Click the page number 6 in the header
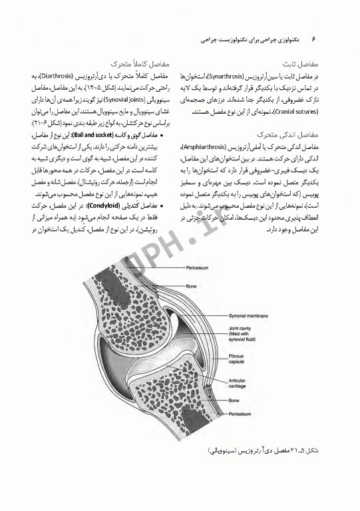click(x=313, y=40)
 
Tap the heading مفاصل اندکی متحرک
click(x=296, y=134)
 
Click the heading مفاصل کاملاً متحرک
click(x=142, y=65)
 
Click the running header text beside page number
click(x=248, y=40)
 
